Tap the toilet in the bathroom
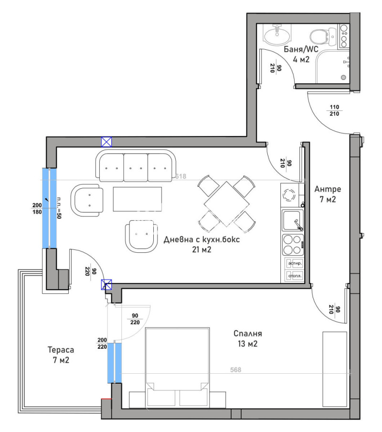tap(318, 35)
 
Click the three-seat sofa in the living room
tap(135, 166)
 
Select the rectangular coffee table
tap(138, 199)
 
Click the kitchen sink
tap(292, 221)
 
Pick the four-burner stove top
tap(293, 244)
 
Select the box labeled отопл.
tap(294, 276)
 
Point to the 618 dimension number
tap(180, 176)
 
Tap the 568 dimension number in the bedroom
tap(235, 370)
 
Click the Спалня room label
tap(248, 338)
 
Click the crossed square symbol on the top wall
tap(106, 142)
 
